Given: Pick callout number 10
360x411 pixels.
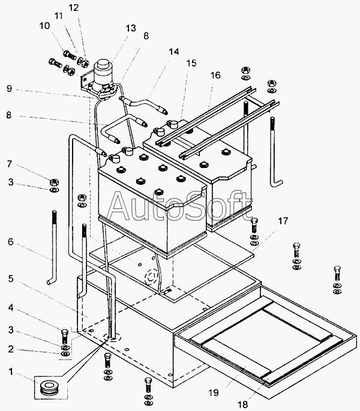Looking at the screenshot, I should (45, 26).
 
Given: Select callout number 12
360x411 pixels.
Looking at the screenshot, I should (73, 8).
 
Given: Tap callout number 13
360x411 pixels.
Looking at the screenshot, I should (131, 28).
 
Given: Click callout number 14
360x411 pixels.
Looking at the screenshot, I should (173, 52).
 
